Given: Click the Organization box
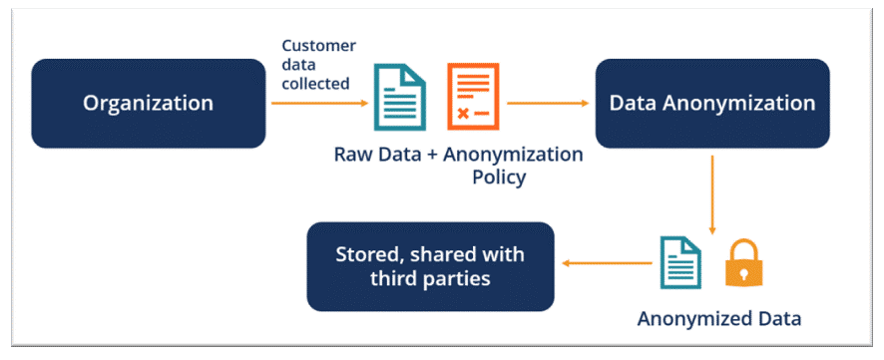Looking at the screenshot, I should [x=148, y=103].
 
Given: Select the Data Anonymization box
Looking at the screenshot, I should [x=712, y=103].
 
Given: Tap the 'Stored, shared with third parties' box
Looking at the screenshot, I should [x=429, y=265].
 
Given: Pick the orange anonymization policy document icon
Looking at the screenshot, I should [x=472, y=97].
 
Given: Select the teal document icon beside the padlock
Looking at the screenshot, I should [x=681, y=263].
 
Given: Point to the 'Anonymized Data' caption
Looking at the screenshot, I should [x=719, y=319].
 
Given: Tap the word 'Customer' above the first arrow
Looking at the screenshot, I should [x=318, y=46].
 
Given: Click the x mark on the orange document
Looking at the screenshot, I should [x=463, y=113].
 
